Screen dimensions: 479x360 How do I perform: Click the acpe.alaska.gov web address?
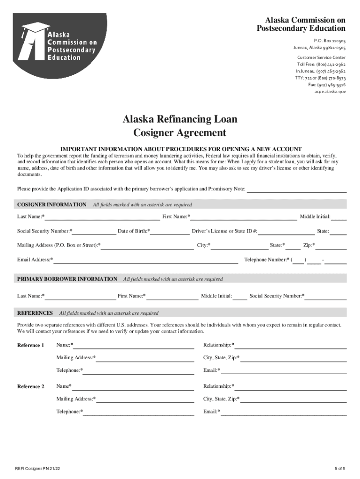pos(330,92)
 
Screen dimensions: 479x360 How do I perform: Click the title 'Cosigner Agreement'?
pos(180,133)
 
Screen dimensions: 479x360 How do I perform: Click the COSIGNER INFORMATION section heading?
pos(52,205)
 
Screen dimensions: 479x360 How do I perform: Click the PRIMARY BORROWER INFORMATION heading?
pos(67,279)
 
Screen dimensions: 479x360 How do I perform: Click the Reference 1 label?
pos(31,346)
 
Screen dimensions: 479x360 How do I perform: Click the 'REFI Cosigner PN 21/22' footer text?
pos(37,469)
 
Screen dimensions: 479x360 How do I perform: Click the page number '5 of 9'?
pos(340,469)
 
